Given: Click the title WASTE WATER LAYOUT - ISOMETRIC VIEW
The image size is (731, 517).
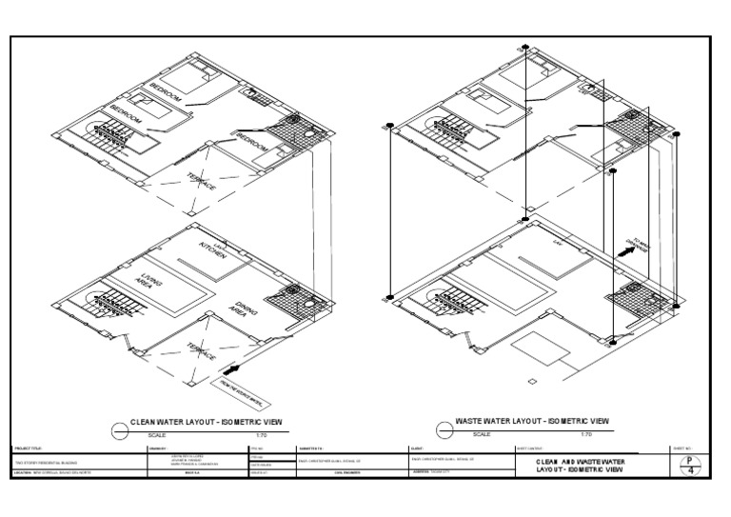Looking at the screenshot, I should [x=532, y=421].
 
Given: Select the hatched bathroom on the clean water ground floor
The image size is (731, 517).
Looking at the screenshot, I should [x=289, y=302].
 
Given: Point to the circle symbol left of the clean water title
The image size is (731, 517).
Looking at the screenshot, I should [x=119, y=431].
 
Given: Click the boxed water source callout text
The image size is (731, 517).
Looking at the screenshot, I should [x=241, y=389].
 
